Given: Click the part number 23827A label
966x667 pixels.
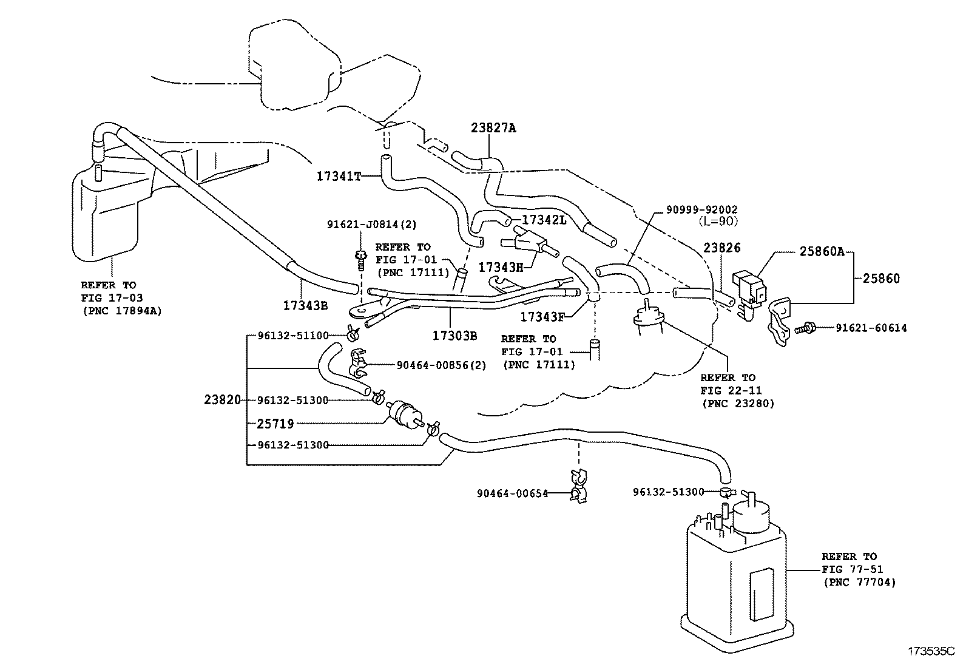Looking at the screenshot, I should click(493, 128).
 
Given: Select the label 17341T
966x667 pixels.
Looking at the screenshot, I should click(338, 177).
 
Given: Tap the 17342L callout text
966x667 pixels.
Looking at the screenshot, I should click(544, 220).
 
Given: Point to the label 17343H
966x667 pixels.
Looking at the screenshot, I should click(500, 267).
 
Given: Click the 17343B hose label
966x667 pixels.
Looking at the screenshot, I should click(305, 305).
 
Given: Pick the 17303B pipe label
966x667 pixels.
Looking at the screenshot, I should click(454, 335).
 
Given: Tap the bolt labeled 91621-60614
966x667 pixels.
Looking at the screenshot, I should click(803, 328).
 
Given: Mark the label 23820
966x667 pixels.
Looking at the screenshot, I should click(222, 400).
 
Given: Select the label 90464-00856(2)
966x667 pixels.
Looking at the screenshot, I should click(441, 365).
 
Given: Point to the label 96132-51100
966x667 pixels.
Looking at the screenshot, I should click(292, 335).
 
